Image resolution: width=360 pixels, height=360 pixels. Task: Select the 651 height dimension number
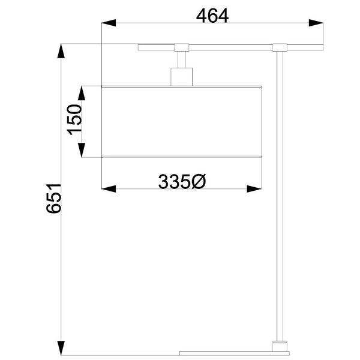click(x=54, y=198)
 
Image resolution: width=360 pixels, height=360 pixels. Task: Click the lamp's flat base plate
click(x=234, y=352)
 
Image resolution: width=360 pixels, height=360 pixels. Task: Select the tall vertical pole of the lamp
click(x=280, y=198)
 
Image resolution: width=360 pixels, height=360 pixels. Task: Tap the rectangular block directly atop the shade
click(x=182, y=77)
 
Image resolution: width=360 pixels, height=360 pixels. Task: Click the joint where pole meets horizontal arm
click(x=280, y=47)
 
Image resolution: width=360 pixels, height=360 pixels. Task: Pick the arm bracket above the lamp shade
click(x=182, y=46)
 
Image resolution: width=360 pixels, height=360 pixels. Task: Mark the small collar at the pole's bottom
click(x=280, y=344)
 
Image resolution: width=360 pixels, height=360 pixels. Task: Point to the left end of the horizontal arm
click(x=141, y=46)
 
